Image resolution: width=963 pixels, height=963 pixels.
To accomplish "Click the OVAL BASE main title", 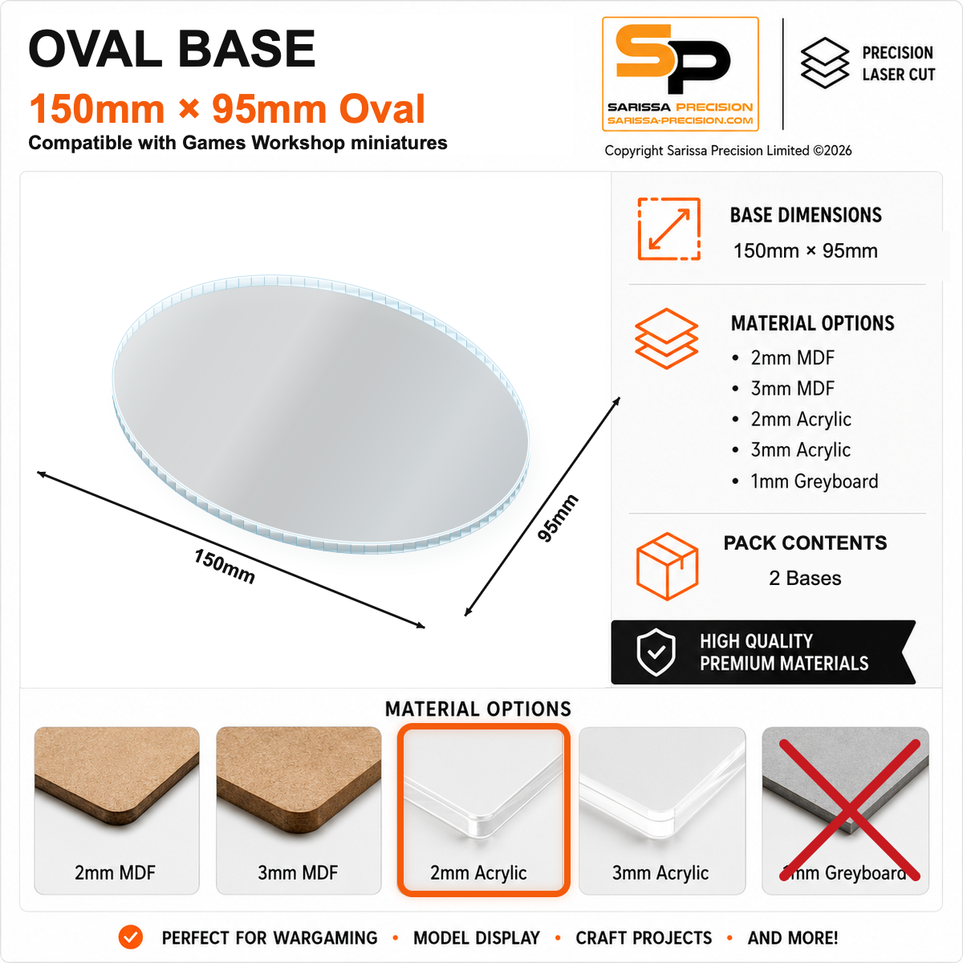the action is tap(172, 49).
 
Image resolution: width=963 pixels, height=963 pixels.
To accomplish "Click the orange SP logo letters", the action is tap(672, 59).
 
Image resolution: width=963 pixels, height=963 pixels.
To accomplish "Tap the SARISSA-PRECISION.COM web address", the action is tap(681, 120).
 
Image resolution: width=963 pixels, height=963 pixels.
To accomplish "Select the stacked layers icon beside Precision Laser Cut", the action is tap(825, 63).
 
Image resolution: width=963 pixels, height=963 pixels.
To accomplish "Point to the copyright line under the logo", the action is tap(728, 150).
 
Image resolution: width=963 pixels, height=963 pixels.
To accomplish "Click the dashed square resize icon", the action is tap(668, 229).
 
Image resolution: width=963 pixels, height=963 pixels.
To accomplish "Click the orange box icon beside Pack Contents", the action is tap(667, 566).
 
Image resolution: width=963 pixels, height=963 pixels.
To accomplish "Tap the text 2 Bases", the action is tap(805, 578).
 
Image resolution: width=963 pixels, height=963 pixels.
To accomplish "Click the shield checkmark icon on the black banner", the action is tap(656, 652).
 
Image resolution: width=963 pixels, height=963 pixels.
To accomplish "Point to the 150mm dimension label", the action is tap(225, 567).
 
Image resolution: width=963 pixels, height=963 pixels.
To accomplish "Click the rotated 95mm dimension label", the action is tap(558, 518).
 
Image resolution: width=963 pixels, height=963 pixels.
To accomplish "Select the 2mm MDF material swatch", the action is tap(116, 810).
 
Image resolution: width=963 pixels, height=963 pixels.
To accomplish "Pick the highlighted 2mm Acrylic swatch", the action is tap(483, 810).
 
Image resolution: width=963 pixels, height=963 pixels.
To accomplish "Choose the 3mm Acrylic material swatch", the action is tap(662, 810).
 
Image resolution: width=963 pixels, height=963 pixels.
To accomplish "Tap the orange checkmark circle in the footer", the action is tap(131, 937).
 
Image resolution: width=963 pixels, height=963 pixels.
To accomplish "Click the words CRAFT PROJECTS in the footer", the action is tap(644, 938).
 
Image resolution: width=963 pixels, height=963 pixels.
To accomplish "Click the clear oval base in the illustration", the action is tap(320, 413).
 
